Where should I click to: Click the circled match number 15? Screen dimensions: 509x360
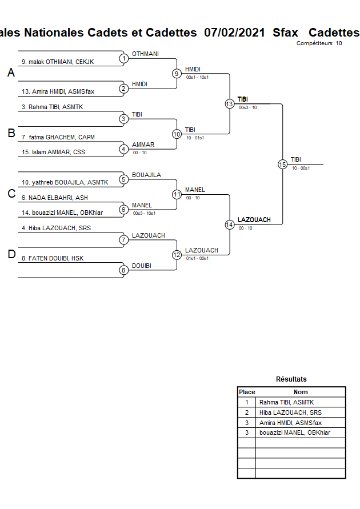click(282, 164)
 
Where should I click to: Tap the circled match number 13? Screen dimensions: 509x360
click(229, 104)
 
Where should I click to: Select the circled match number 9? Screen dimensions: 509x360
click(177, 74)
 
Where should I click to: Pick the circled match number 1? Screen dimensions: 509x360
click(123, 58)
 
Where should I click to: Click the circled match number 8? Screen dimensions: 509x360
click(123, 270)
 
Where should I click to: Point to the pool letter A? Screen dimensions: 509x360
click(11, 73)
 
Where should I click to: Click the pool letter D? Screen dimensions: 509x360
click(11, 255)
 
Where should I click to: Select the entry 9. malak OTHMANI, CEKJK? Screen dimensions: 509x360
click(58, 62)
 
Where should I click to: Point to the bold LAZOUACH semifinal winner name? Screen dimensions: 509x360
click(254, 220)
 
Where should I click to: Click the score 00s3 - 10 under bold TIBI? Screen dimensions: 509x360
click(248, 107)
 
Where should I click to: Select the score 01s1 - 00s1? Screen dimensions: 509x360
click(198, 258)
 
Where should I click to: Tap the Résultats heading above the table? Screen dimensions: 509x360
click(291, 379)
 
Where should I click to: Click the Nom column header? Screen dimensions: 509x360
click(301, 392)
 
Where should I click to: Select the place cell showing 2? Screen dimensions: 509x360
click(246, 412)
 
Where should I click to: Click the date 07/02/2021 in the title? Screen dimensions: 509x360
click(234, 33)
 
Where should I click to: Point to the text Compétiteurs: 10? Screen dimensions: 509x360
click(319, 43)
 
